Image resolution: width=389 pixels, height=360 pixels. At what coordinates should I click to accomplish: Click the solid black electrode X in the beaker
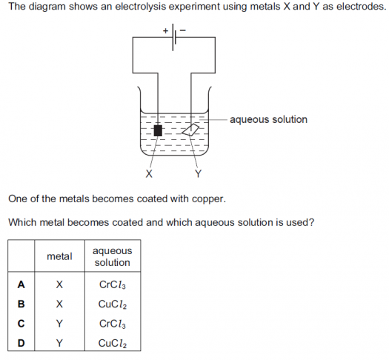click(x=158, y=130)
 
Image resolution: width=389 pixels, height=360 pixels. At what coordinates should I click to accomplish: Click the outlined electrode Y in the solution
click(x=190, y=130)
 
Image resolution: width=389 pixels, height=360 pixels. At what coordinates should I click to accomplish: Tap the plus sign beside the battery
click(x=165, y=31)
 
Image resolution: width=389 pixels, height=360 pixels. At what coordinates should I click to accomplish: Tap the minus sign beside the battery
click(x=183, y=30)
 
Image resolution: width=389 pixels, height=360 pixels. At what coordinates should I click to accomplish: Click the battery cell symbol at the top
click(x=174, y=37)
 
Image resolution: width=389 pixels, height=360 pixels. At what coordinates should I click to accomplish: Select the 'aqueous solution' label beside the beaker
click(x=268, y=119)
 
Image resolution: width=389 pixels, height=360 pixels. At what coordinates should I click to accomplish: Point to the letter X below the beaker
click(x=149, y=173)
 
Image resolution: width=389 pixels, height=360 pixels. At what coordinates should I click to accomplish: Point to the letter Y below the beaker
click(x=198, y=173)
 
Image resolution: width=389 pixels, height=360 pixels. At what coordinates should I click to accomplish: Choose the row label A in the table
click(x=21, y=284)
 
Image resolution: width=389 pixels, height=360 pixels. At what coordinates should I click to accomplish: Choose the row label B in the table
click(x=21, y=304)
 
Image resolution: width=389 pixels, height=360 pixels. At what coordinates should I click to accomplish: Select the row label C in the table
click(x=21, y=323)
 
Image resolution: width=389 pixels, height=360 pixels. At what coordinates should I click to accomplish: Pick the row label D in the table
click(x=21, y=343)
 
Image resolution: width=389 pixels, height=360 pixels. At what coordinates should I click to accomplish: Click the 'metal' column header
click(x=59, y=256)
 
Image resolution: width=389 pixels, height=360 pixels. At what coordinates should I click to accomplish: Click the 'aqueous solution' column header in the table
click(x=113, y=256)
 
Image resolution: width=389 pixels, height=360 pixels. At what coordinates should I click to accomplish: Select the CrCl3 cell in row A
click(x=113, y=284)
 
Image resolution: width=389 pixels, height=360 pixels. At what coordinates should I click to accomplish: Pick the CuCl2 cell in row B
click(x=113, y=304)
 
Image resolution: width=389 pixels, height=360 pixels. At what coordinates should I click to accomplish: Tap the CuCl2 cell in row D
click(x=113, y=344)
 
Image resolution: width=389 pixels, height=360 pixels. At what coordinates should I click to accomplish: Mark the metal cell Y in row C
click(x=59, y=323)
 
